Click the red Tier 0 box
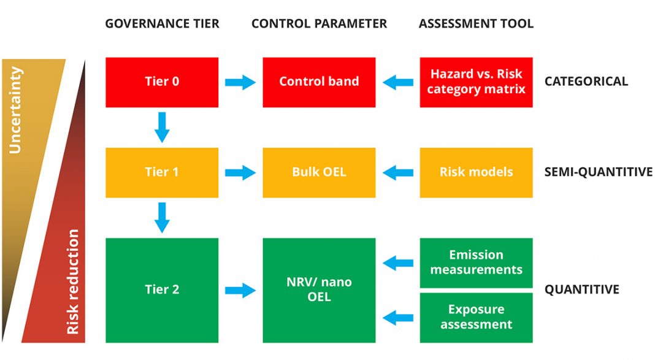click(x=162, y=82)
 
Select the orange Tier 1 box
click(x=162, y=172)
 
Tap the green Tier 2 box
click(x=162, y=290)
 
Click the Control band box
click(x=319, y=82)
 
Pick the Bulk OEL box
click(x=319, y=172)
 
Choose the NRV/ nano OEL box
click(x=319, y=290)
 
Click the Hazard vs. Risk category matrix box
click(x=476, y=82)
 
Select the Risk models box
click(x=476, y=172)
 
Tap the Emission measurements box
click(x=476, y=262)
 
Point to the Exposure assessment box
click(x=476, y=318)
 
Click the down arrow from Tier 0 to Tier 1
click(x=162, y=128)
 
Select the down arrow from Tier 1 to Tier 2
click(x=162, y=218)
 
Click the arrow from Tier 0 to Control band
click(x=240, y=82)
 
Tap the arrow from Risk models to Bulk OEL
click(x=397, y=172)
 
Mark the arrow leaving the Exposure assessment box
click(x=397, y=318)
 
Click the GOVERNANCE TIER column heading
click(x=162, y=23)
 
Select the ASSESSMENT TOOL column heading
click(x=476, y=23)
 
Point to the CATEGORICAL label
click(x=586, y=81)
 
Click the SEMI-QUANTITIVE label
click(x=598, y=172)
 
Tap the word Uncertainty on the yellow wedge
click(x=15, y=110)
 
